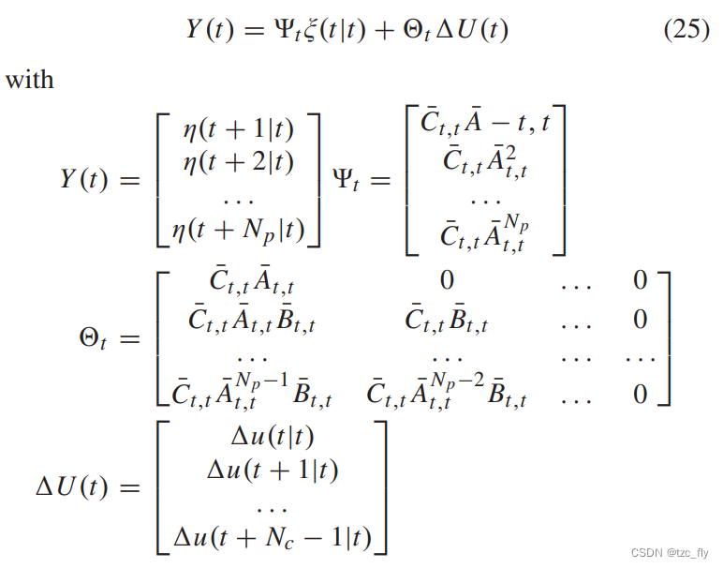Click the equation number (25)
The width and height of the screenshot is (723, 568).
[686, 30]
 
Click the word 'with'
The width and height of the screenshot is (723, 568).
[30, 79]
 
